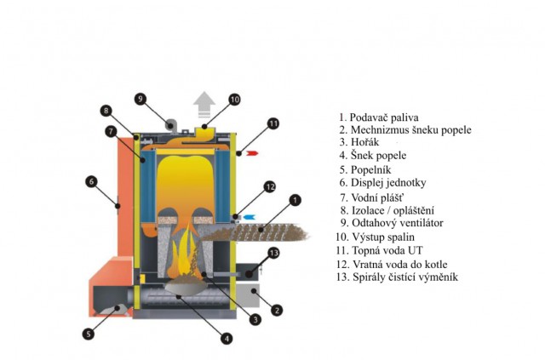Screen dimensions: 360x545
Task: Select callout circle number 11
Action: pyautogui.click(x=272, y=123)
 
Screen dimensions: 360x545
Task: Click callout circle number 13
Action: pyautogui.click(x=273, y=253)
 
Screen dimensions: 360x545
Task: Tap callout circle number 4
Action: pyautogui.click(x=227, y=338)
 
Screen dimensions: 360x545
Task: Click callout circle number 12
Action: pyautogui.click(x=269, y=186)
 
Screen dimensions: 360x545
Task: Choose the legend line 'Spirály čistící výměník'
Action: pyautogui.click(x=397, y=277)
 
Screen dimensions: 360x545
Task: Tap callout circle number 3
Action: pyautogui.click(x=255, y=320)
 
